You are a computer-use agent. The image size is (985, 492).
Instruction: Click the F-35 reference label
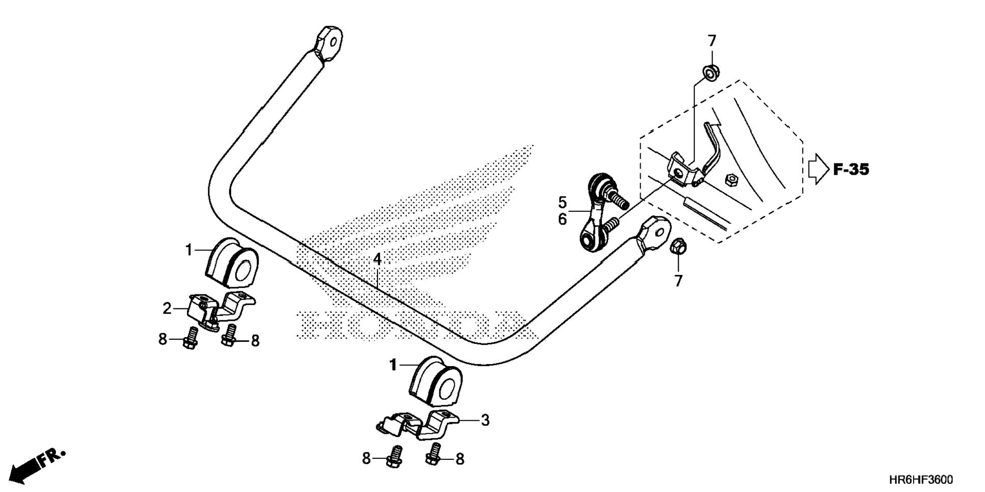pos(851,170)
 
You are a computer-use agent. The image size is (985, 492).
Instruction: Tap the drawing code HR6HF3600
pos(921,480)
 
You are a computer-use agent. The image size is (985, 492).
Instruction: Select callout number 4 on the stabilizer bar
pos(377,259)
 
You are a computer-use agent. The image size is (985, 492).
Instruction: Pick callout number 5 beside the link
pos(562,203)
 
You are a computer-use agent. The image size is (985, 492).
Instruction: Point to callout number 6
pos(562,219)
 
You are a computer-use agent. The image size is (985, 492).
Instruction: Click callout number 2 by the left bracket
pos(167,308)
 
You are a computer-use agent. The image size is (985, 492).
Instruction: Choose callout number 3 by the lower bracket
pos(485,420)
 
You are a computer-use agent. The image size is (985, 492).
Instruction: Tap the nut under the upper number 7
pos(710,73)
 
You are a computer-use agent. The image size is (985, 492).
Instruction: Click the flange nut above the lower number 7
pos(679,248)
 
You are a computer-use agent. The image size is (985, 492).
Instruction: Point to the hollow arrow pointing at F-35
pos(818,169)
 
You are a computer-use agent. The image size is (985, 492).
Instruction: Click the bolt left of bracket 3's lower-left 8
pos(394,457)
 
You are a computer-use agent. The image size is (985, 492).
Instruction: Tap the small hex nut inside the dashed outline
pos(730,179)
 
